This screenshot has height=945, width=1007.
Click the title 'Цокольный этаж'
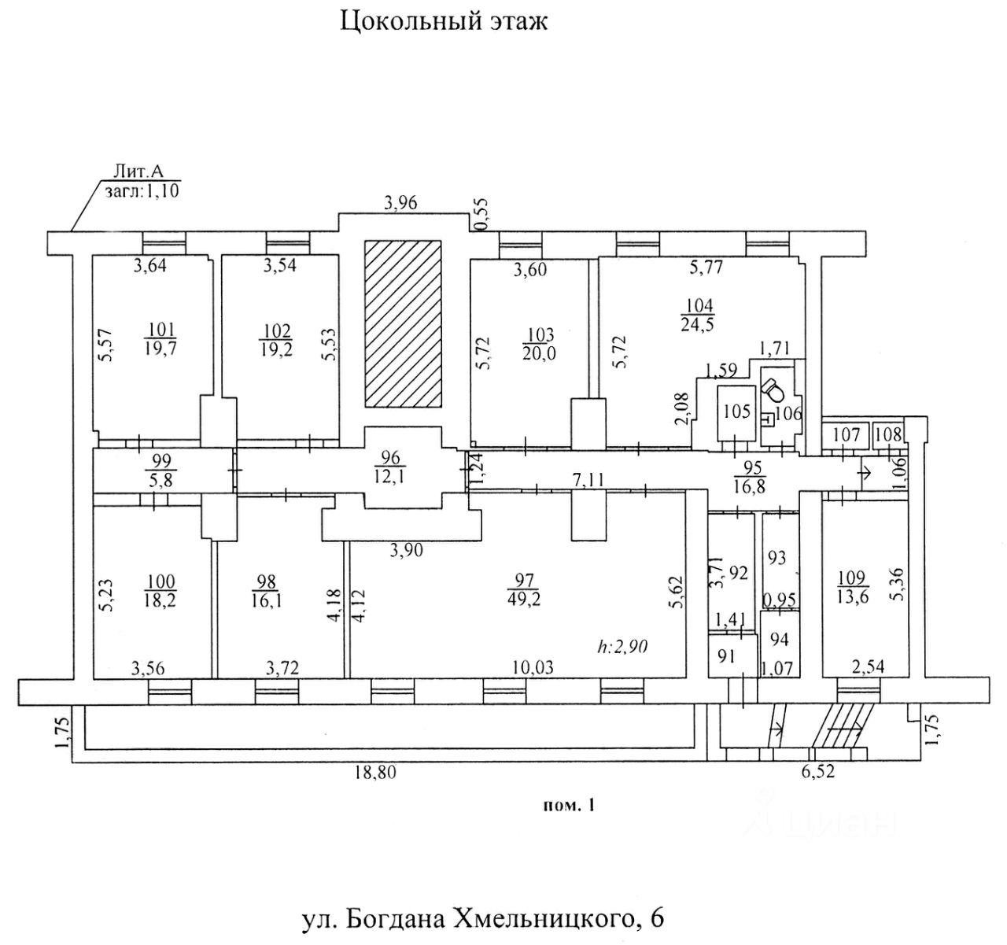click(444, 20)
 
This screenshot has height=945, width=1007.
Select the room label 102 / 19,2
click(277, 339)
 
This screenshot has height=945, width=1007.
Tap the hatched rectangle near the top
click(402, 323)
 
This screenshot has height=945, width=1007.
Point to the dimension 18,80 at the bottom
click(375, 773)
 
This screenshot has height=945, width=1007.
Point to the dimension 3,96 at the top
click(400, 203)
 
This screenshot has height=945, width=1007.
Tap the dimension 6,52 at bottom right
click(818, 773)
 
